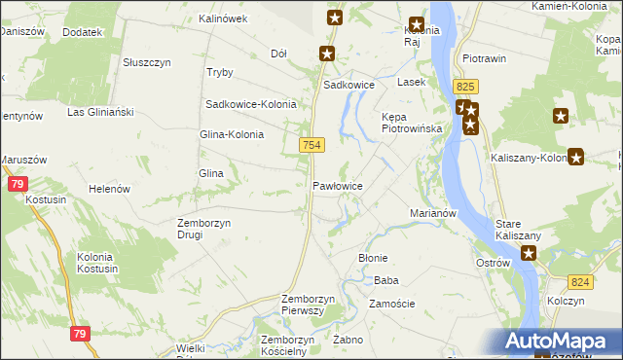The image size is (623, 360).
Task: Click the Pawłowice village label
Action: point(338,185)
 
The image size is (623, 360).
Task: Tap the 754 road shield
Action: point(311,145)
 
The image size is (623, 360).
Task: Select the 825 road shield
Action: point(464,88)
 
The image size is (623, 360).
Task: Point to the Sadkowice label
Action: point(349,85)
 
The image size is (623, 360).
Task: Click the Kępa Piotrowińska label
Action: point(412,122)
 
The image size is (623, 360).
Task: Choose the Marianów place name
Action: point(433,212)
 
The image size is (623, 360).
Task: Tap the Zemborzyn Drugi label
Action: point(203,229)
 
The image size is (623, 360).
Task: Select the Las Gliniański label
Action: point(99,112)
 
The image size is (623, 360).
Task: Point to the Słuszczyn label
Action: point(147,61)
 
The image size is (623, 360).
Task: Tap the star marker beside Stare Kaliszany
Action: point(529,254)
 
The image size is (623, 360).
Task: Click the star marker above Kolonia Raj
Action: point(417,25)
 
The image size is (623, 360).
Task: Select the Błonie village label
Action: point(374,258)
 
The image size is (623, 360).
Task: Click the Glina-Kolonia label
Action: point(232,134)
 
